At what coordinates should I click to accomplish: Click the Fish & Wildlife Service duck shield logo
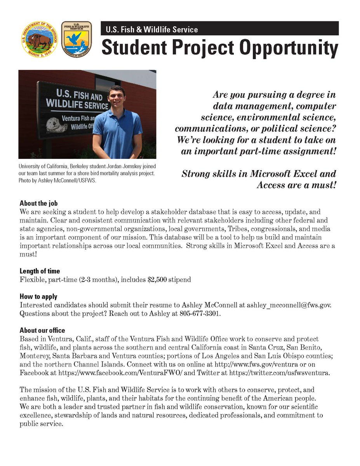77,39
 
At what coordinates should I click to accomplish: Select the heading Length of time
40,271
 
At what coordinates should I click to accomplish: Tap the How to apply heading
38,297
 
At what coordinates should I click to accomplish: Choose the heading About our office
42,330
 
